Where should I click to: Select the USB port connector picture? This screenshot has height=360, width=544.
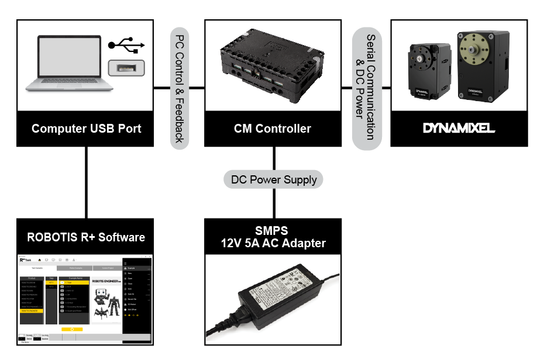(126, 65)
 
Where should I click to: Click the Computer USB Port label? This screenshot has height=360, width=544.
(85, 129)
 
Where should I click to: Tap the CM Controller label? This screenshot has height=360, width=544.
(273, 129)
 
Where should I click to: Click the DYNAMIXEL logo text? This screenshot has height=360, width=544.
(459, 128)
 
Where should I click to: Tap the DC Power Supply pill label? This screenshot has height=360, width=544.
(273, 179)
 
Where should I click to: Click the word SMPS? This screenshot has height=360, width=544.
(273, 231)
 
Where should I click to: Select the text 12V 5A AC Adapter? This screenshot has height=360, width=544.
(273, 243)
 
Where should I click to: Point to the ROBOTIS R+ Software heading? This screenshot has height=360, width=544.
(85, 237)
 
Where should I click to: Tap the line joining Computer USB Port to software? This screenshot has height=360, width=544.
(86, 182)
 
